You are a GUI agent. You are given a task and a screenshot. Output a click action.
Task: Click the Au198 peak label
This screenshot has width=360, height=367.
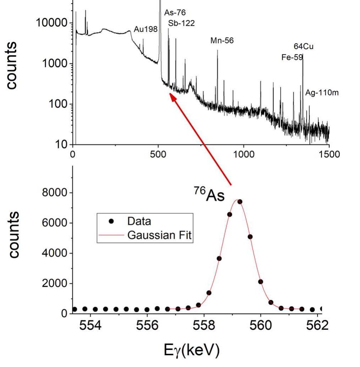tap(145, 29)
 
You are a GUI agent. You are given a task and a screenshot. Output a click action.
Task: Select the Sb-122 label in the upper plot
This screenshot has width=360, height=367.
tap(181, 23)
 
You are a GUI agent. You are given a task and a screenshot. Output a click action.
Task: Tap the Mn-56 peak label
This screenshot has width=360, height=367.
tap(222, 41)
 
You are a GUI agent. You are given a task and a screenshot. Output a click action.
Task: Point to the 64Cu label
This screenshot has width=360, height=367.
tap(303, 46)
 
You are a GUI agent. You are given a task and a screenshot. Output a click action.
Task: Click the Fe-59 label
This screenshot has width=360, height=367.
tap(292, 57)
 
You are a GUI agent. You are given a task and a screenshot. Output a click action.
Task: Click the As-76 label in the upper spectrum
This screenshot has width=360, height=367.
tap(175, 13)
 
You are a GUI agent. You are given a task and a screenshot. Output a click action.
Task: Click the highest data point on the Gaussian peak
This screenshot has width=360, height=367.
tap(240, 202)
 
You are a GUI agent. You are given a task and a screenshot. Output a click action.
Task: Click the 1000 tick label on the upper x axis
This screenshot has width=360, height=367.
tap(244, 154)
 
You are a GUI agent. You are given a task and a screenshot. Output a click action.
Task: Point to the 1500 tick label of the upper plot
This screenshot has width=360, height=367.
tap(328, 154)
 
